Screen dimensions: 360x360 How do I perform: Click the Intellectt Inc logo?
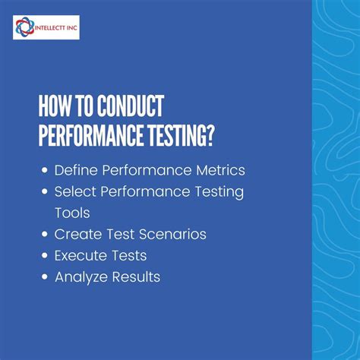click(46, 29)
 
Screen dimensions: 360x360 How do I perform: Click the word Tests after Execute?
click(131, 256)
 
